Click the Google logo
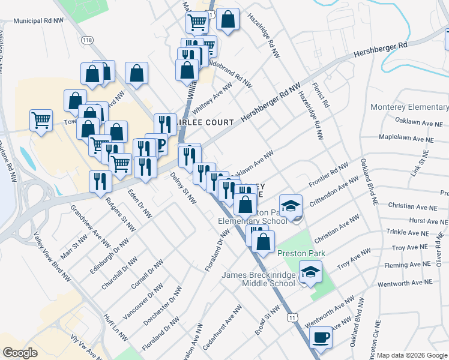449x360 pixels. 21,353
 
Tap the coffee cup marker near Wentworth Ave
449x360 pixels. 321,337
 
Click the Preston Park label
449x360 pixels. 301,253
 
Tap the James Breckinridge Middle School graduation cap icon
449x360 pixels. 310,272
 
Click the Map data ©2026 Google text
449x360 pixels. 411,355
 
